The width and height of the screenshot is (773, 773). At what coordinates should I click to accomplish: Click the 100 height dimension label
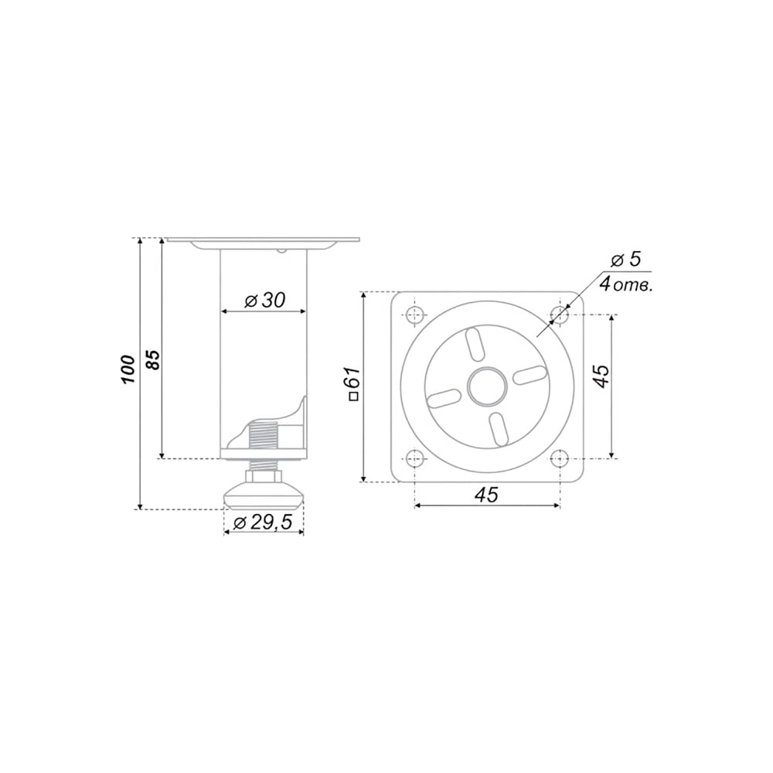(x=128, y=369)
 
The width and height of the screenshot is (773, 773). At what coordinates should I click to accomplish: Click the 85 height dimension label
(x=153, y=360)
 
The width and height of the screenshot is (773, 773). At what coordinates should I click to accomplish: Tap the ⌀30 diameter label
(x=264, y=300)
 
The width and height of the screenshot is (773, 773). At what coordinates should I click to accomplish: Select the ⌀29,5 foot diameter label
(x=263, y=522)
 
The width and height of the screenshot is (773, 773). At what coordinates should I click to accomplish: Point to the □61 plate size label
(x=355, y=383)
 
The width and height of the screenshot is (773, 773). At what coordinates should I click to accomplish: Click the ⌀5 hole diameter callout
(x=626, y=259)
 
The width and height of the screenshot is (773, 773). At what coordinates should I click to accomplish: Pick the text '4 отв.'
(x=626, y=284)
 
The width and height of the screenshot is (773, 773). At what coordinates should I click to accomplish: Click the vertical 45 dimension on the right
(x=601, y=376)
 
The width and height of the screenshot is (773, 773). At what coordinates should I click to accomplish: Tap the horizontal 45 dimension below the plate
(x=486, y=495)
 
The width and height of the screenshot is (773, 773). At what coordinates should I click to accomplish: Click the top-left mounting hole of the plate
(x=416, y=314)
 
